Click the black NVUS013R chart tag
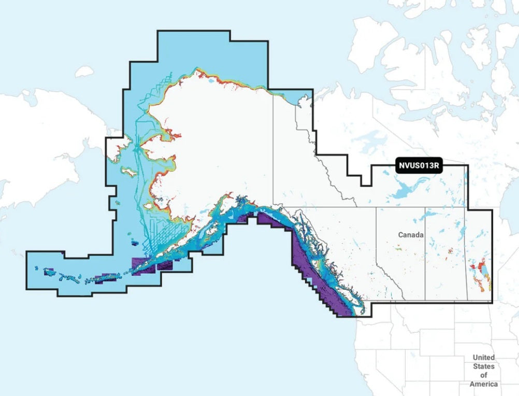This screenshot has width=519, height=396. [x=420, y=166]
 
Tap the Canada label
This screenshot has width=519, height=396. [x=411, y=235]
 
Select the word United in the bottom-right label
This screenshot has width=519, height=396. [x=483, y=358]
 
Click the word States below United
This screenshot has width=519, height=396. [x=483, y=366]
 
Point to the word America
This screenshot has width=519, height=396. [x=483, y=384]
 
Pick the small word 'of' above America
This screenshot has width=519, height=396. [x=483, y=375]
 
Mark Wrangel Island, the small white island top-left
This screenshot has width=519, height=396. [x=84, y=72]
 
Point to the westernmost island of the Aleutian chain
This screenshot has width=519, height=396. [x=36, y=268]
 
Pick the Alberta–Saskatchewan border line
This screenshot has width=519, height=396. [x=425, y=254]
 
